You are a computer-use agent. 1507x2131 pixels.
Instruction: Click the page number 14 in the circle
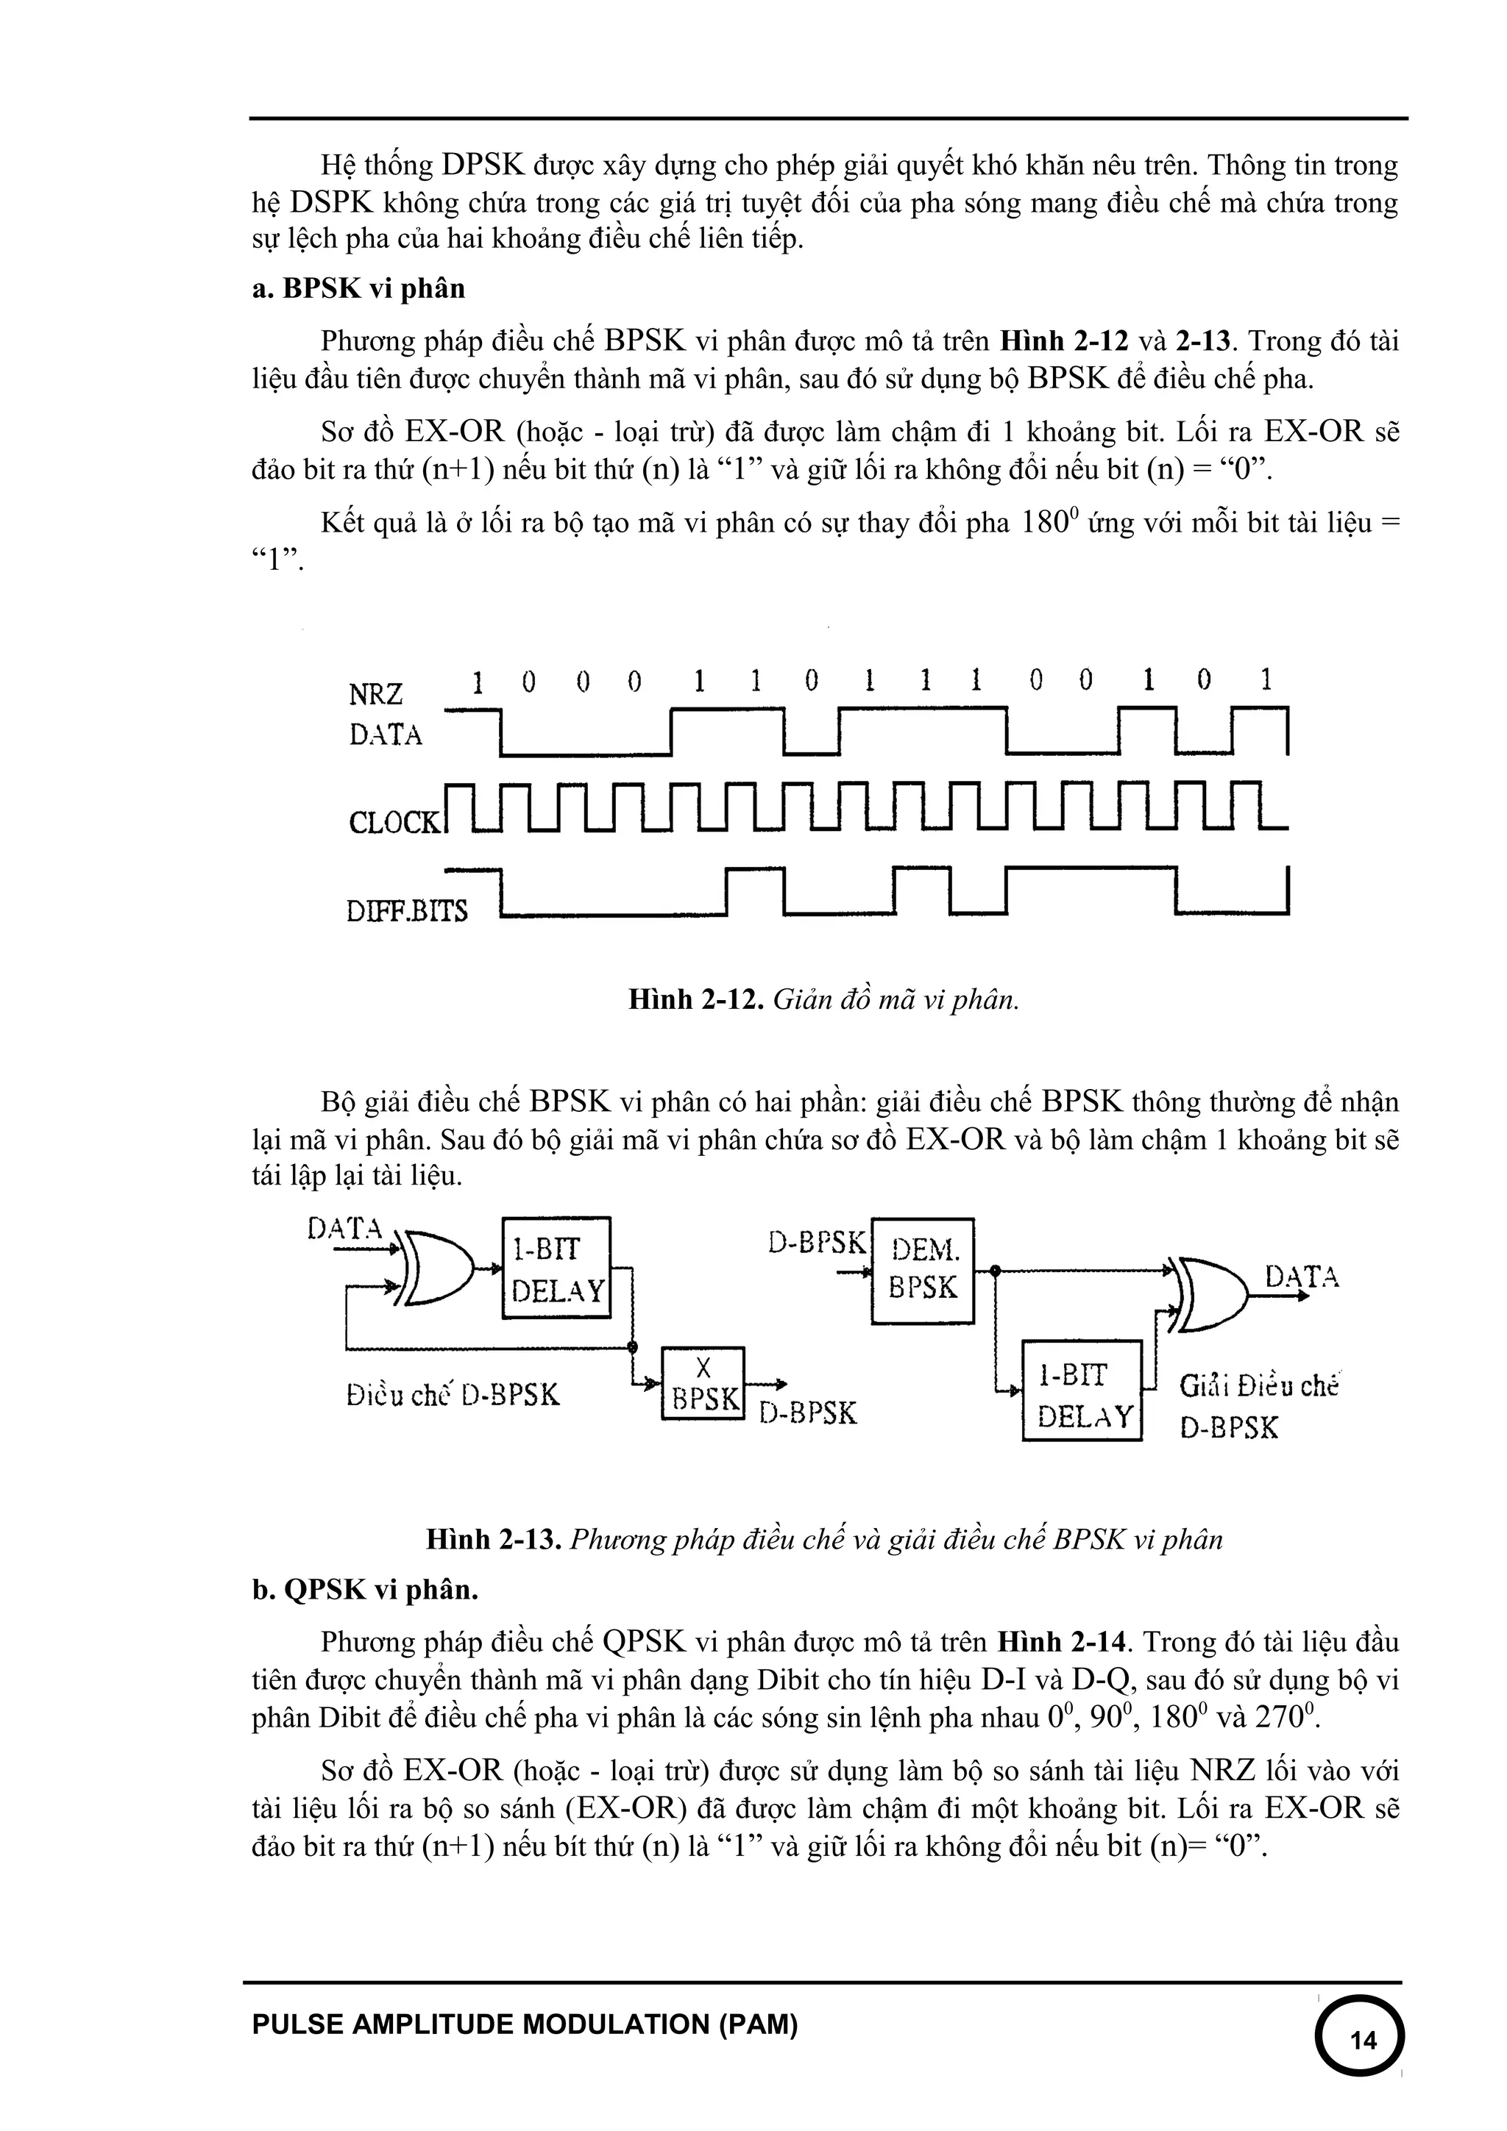tap(1362, 2040)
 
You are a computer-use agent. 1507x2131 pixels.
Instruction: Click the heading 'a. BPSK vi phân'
tap(358, 289)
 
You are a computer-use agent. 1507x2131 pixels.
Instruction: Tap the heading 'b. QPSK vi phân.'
tap(365, 1590)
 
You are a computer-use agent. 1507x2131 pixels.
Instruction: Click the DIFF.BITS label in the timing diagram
tap(407, 911)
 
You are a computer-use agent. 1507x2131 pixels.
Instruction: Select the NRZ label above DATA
tap(375, 694)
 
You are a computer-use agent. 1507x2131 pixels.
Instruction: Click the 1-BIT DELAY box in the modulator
tap(556, 1267)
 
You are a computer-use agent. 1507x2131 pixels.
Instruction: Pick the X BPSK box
tap(703, 1383)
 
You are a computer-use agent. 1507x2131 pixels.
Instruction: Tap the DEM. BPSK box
tap(922, 1271)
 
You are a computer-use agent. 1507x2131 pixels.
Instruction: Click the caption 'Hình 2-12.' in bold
tap(696, 999)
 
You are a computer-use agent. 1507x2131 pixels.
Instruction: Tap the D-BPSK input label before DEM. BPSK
tap(817, 1242)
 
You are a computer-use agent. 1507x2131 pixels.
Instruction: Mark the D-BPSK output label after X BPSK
tap(808, 1413)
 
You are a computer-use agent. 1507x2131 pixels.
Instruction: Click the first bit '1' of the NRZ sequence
tap(478, 683)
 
